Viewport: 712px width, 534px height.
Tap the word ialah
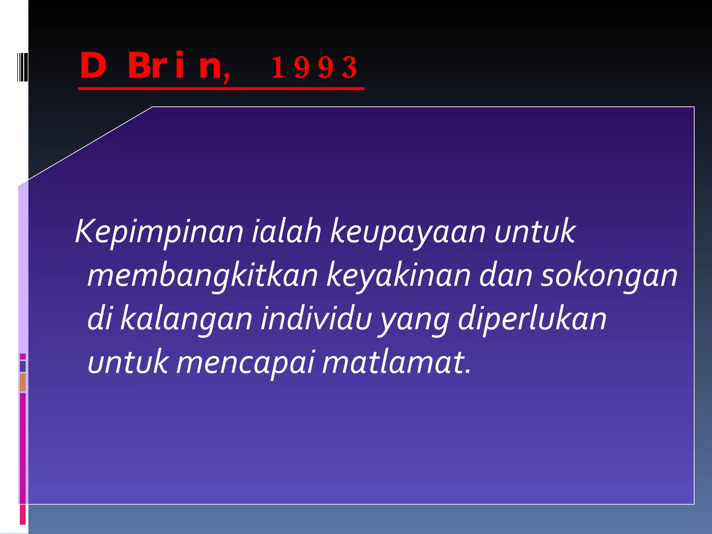click(286, 231)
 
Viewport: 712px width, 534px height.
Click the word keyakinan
click(398, 276)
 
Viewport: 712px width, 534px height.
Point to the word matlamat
click(396, 362)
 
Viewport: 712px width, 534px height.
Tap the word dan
click(505, 275)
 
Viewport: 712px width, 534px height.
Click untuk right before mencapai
click(128, 362)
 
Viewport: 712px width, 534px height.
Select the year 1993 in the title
click(314, 67)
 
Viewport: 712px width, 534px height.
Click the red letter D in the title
click(93, 66)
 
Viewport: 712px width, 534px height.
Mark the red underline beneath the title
click(221, 89)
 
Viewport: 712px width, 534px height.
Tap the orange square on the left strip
click(23, 382)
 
